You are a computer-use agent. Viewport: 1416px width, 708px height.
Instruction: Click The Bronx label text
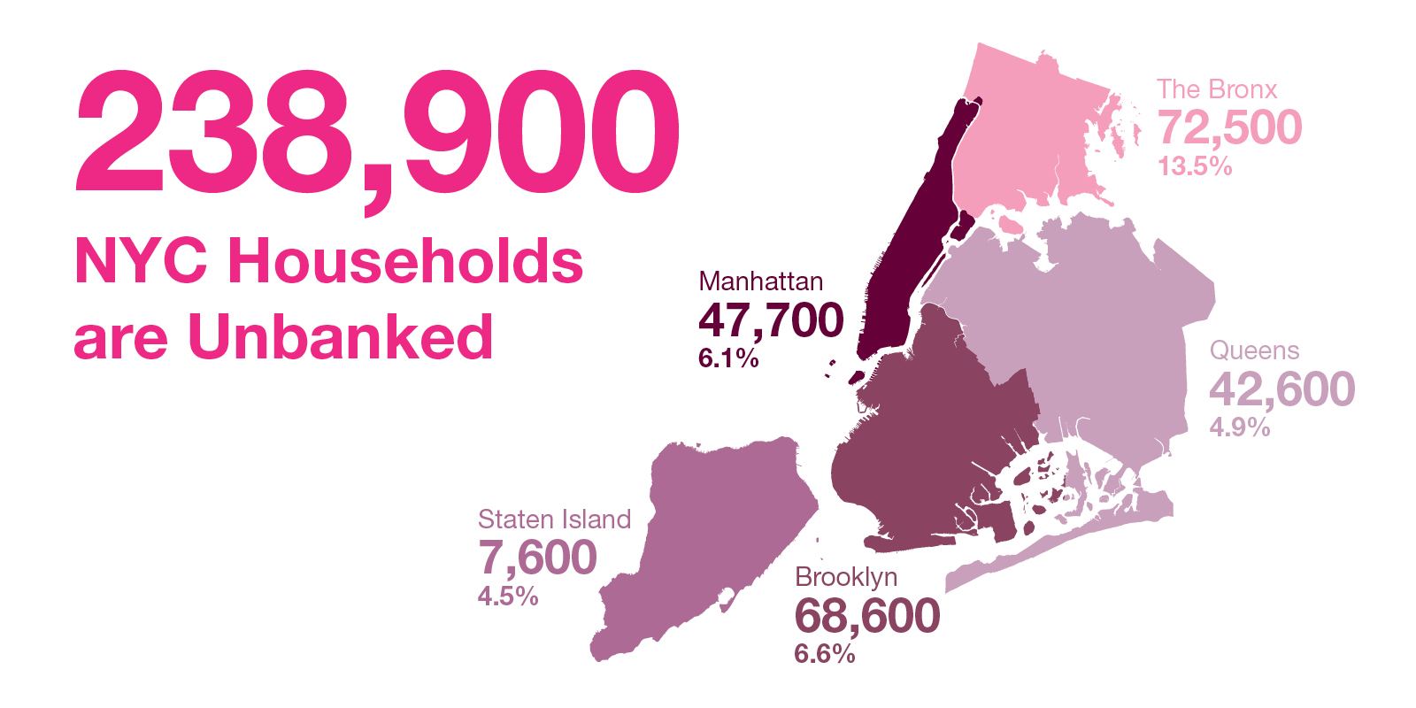[1217, 89]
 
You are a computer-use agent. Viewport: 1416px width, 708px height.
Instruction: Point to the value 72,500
[1229, 127]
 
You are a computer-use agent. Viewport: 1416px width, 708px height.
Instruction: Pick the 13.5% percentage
[1195, 166]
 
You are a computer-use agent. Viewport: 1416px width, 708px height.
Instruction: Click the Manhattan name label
[760, 281]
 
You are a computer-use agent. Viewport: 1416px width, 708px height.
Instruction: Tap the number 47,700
[771, 319]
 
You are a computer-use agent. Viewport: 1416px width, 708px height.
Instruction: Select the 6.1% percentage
[728, 358]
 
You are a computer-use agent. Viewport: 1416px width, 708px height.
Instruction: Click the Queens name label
[1254, 350]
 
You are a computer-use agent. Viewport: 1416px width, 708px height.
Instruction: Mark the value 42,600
[1281, 389]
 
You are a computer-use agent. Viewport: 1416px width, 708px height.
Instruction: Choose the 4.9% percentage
[1240, 427]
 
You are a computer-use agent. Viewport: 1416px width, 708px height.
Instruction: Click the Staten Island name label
[554, 519]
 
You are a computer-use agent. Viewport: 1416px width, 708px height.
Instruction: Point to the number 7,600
[537, 558]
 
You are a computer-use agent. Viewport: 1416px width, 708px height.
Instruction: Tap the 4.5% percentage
[508, 596]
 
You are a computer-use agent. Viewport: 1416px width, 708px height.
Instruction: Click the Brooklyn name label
[846, 577]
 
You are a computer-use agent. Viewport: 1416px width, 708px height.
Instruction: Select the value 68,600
[866, 616]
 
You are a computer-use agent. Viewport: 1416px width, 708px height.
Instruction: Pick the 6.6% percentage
[825, 654]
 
